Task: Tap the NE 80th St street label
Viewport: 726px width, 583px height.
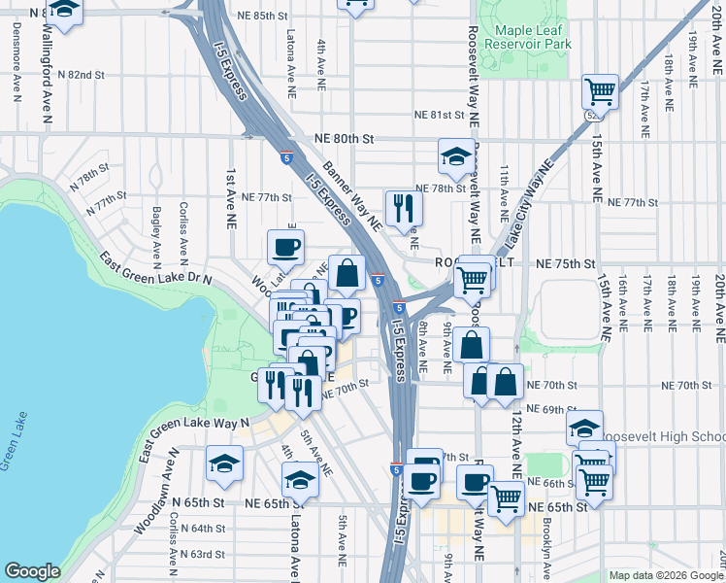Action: tap(344, 139)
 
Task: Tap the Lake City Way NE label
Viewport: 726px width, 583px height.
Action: tap(525, 213)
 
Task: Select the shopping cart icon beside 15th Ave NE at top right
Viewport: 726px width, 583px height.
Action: tap(601, 92)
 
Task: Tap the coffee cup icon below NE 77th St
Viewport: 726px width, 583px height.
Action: tap(285, 247)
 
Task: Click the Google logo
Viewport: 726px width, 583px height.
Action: tap(32, 571)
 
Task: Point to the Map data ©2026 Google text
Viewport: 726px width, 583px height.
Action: tap(665, 575)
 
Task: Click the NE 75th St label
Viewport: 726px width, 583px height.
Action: tap(564, 264)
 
